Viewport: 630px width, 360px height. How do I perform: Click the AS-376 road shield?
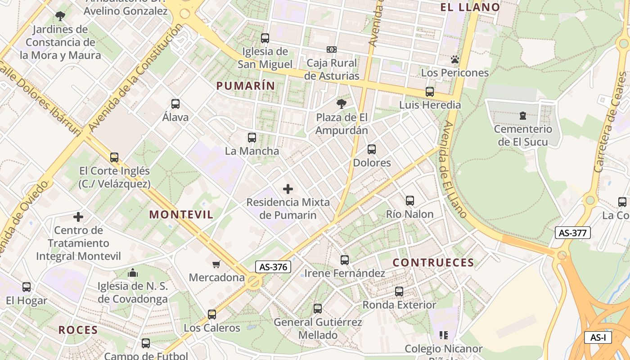pyautogui.click(x=273, y=267)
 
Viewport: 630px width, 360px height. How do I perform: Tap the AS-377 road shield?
pyautogui.click(x=572, y=233)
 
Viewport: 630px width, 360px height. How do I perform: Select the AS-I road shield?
pyautogui.click(x=598, y=337)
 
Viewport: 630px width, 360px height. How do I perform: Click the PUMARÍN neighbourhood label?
pyautogui.click(x=246, y=85)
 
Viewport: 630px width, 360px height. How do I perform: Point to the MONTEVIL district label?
pyautogui.click(x=181, y=215)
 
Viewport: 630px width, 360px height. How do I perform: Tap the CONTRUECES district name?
pyautogui.click(x=433, y=262)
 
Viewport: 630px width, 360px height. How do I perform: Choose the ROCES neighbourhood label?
pyautogui.click(x=78, y=330)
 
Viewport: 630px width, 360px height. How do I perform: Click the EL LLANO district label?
pyautogui.click(x=470, y=7)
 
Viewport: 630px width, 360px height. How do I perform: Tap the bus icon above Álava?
pyautogui.click(x=175, y=104)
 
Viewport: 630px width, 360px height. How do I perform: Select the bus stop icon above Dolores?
pyautogui.click(x=372, y=149)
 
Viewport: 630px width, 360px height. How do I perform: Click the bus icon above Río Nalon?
pyautogui.click(x=409, y=201)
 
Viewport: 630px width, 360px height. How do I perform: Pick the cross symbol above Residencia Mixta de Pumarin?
pyautogui.click(x=288, y=189)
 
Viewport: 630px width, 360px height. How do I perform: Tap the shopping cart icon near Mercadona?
pyautogui.click(x=216, y=264)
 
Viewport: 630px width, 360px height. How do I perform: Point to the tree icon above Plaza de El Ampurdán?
pyautogui.click(x=342, y=104)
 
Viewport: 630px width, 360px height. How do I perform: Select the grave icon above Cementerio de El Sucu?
pyautogui.click(x=522, y=116)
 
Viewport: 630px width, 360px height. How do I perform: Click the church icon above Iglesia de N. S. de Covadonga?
pyautogui.click(x=133, y=273)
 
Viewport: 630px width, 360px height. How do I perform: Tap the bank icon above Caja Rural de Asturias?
pyautogui.click(x=332, y=49)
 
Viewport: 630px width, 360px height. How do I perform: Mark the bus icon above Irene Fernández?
pyautogui.click(x=345, y=260)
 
